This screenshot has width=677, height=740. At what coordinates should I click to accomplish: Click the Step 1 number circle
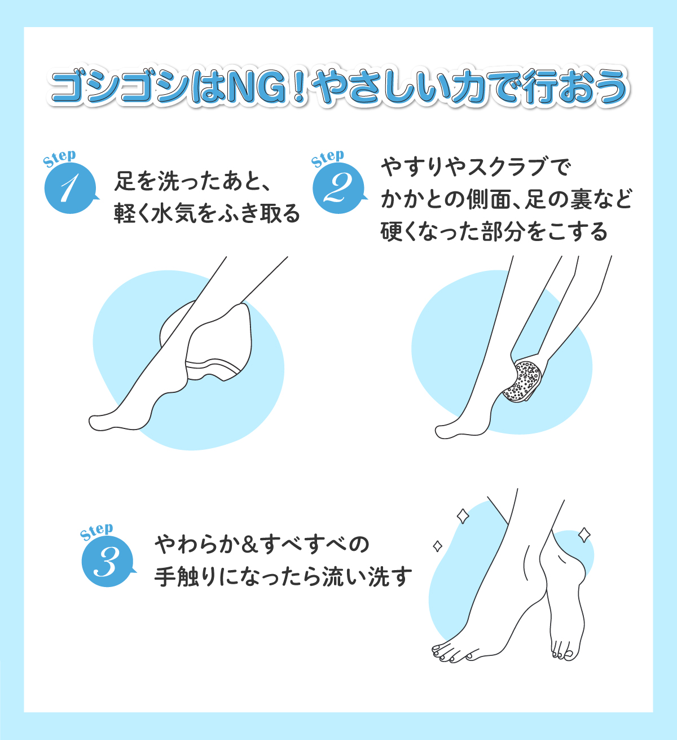tap(68, 189)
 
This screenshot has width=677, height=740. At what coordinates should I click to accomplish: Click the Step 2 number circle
tap(337, 189)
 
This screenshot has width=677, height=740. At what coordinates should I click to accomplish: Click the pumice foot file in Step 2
tap(522, 380)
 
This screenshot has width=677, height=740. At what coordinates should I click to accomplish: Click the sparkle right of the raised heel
tap(584, 535)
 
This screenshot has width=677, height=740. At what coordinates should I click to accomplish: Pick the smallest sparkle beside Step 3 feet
tap(437, 546)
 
